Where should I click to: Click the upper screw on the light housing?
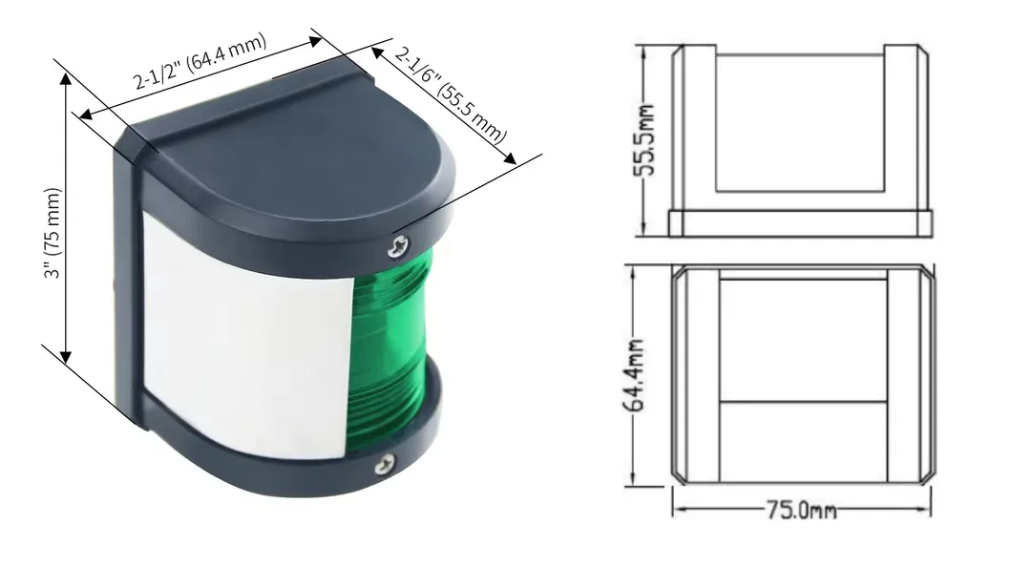[x=393, y=248]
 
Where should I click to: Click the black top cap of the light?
[x=286, y=143]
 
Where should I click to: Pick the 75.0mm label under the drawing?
[x=800, y=511]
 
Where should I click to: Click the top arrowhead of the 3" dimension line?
[x=66, y=78]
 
